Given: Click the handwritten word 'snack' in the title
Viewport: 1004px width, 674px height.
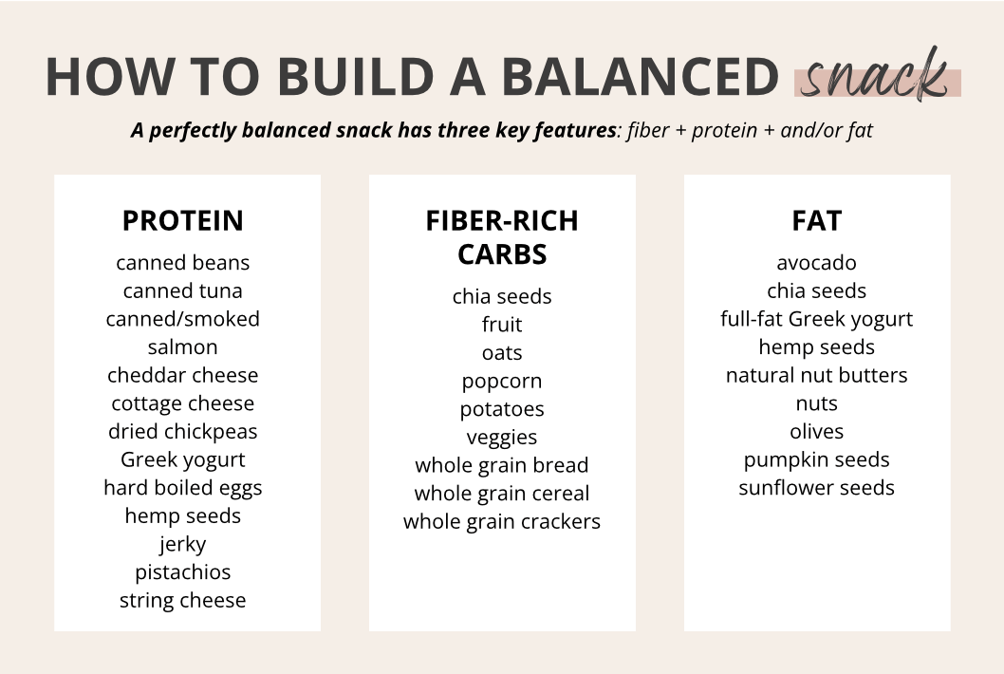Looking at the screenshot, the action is pos(875,76).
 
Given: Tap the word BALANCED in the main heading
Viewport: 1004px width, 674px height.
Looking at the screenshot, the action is pos(640,77).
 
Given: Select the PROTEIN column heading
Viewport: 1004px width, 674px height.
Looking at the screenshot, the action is pos(183,221).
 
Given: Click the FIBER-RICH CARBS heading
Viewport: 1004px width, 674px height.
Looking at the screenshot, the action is pos(502,237).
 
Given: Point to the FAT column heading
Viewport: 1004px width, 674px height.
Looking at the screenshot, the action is pos(817,221).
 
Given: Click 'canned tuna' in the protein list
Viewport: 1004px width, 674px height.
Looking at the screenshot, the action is pos(183,290).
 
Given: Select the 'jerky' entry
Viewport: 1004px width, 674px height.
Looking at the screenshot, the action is pos(183,545).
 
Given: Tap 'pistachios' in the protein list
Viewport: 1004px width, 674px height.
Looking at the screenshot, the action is pos(183,572).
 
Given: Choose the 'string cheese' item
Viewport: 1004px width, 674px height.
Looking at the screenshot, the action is pos(183,600).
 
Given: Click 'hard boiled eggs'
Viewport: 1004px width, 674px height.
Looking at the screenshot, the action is pos(183,488).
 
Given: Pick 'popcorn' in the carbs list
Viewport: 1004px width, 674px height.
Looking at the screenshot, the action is pos(502,382).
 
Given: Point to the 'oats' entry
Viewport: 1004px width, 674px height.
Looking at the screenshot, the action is pos(502,353).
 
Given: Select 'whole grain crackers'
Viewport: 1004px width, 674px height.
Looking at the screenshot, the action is pos(502,522).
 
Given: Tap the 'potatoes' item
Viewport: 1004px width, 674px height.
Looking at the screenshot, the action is pos(502,409).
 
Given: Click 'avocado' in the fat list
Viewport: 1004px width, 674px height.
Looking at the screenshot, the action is pos(817,263).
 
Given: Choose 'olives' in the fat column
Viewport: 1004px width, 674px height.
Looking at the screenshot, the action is pos(817,431).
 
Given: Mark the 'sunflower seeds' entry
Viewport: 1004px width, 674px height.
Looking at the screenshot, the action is pos(817,488).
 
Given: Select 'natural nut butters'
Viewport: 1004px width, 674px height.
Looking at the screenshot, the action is pos(817,375).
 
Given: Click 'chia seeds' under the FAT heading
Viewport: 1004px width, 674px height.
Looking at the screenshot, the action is pos(817,290).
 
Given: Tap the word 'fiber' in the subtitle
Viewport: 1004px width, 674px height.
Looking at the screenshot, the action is pos(648,130).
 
